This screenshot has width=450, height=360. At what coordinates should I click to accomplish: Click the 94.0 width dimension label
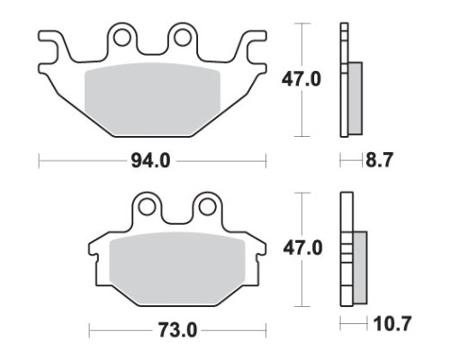click(150, 161)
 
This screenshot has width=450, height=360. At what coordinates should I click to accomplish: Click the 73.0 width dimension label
click(177, 330)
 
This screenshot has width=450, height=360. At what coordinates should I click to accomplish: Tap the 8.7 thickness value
click(379, 159)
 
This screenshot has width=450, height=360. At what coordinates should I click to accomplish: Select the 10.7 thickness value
click(391, 324)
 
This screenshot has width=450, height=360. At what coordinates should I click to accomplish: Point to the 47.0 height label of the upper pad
click(301, 79)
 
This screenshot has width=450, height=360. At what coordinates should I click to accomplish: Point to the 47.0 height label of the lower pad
click(303, 248)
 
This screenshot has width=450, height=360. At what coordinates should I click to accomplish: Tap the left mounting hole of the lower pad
click(147, 207)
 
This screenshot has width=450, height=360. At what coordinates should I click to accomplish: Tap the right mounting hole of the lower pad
click(207, 207)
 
